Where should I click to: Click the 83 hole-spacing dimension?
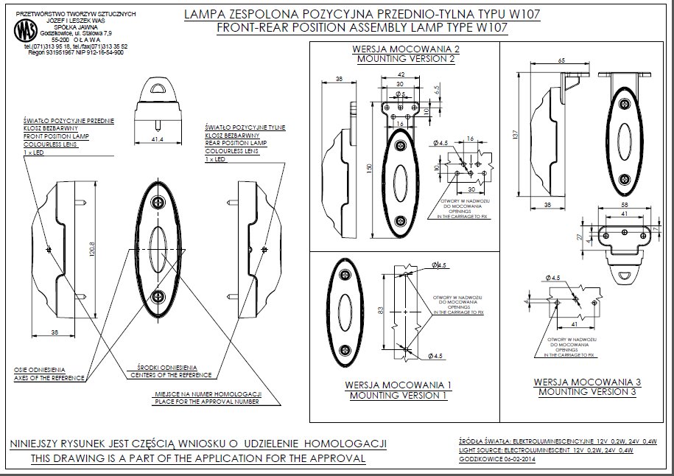point(380,311)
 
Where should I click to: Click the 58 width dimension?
point(624,204)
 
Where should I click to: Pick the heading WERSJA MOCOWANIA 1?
point(398,385)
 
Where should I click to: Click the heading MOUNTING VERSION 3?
point(587,392)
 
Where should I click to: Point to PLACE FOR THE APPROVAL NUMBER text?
point(206,402)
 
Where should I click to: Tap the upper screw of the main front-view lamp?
point(158,203)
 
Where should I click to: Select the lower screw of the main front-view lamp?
point(158,296)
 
